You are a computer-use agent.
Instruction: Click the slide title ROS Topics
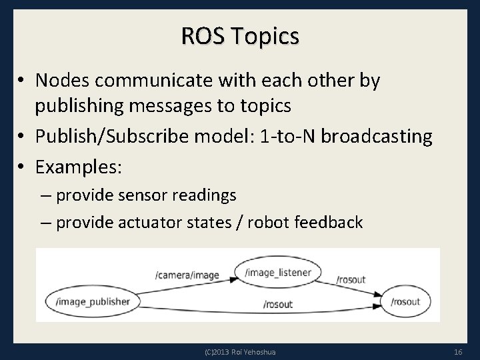tap(239, 36)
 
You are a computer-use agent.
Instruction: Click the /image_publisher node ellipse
tap(93, 301)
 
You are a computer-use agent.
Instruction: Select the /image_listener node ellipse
tap(273, 272)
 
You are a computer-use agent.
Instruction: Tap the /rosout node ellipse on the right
tap(405, 302)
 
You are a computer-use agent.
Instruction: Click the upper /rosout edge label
tap(351, 279)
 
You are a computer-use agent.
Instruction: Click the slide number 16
tap(457, 351)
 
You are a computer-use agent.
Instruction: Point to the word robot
tap(269, 222)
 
